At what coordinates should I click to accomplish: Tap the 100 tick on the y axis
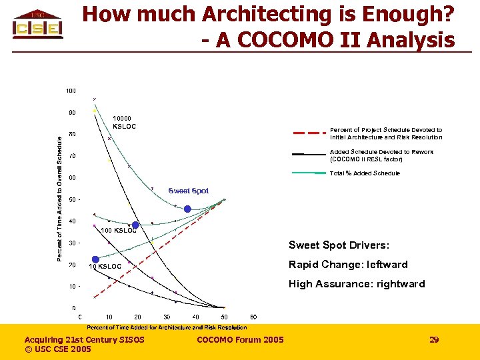tap(71, 91)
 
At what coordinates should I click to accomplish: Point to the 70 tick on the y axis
tap(71, 156)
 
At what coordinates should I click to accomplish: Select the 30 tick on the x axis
tap(167, 317)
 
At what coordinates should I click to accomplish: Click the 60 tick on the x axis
tap(253, 317)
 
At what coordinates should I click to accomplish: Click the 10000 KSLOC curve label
tap(125, 122)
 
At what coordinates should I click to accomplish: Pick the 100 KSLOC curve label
tap(118, 231)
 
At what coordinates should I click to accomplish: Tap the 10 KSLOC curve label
tap(105, 267)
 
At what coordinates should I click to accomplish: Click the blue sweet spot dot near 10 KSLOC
tap(95, 259)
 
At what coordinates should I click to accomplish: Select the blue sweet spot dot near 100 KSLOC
tap(135, 225)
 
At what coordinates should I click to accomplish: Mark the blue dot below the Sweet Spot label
tap(187, 209)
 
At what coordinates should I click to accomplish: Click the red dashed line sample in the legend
tap(307, 133)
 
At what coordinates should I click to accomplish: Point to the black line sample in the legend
tap(307, 154)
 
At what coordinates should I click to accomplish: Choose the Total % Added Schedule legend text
tap(365, 173)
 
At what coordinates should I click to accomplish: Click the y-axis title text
tap(59, 198)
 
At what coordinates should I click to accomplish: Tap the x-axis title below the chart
tap(167, 327)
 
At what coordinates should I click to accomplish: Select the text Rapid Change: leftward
tap(347, 265)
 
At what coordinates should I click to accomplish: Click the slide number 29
tap(434, 340)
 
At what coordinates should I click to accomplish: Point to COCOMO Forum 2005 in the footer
tap(240, 340)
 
